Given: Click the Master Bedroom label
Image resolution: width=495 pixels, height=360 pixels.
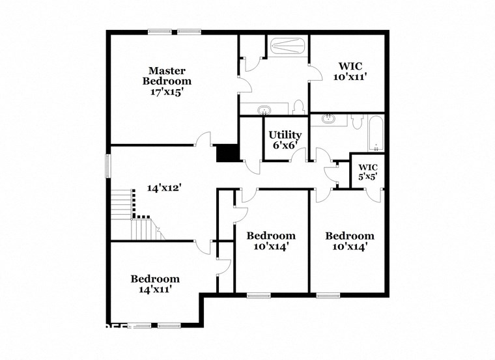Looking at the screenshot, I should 167,76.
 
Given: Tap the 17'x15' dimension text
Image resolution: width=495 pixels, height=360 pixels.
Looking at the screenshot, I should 167,92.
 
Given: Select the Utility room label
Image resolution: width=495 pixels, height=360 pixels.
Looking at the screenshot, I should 285,135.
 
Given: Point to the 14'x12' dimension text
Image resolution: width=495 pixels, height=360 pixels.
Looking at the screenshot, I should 163,187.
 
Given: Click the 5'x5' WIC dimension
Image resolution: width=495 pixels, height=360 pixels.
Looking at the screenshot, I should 367,176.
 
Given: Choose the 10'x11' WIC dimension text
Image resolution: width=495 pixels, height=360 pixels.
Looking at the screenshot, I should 350,76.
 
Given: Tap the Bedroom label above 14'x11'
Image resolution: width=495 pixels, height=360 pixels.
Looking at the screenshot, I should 155,279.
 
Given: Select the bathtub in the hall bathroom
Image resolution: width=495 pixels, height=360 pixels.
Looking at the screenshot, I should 376,132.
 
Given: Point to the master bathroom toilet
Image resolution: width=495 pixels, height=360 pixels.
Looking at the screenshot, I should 299,107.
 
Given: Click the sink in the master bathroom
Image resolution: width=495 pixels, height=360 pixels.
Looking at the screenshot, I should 264,109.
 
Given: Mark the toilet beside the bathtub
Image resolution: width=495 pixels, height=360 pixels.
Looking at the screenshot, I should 356,120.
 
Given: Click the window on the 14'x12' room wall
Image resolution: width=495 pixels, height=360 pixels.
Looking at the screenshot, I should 109,165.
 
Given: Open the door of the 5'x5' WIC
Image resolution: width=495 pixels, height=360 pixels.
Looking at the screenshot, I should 373,194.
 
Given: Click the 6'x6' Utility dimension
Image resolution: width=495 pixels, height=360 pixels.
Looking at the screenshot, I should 285,146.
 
